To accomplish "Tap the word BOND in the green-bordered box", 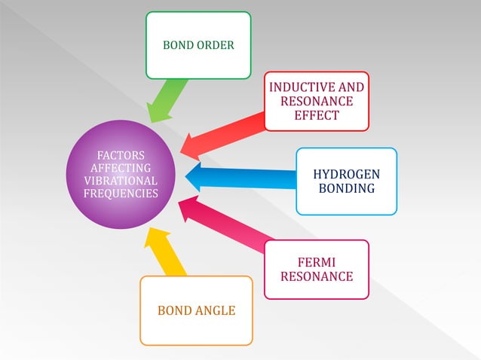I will [178, 45].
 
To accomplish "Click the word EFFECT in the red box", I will [317, 115].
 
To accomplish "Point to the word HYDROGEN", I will [346, 175].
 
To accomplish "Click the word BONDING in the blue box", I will [346, 188].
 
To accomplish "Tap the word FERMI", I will [317, 262].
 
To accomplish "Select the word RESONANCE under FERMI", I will [317, 276].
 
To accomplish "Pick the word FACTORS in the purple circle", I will [121, 156].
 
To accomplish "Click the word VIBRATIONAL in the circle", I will [121, 181].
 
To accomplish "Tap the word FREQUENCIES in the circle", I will [121, 194].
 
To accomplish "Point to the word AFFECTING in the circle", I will [121, 168].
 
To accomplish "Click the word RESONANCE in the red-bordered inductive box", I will [317, 101].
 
